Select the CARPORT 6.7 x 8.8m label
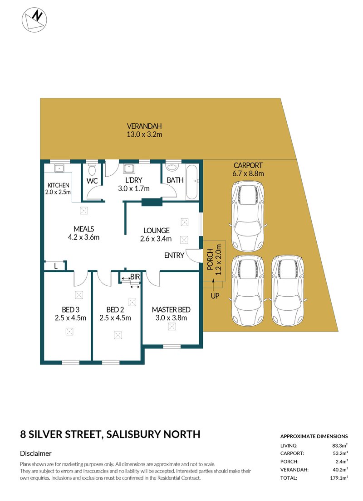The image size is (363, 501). coord(248,169)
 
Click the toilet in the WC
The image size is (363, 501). coord(92,169)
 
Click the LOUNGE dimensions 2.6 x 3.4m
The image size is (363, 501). coord(155,239)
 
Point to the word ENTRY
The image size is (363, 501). coord(174,255)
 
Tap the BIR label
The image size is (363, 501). coord(135,276)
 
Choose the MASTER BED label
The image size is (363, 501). coord(171,309)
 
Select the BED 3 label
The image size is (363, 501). coord(68,309)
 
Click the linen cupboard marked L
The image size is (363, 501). coord(55,266)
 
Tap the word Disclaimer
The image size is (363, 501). coord(36,453)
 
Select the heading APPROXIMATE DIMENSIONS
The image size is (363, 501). coord(314,436)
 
